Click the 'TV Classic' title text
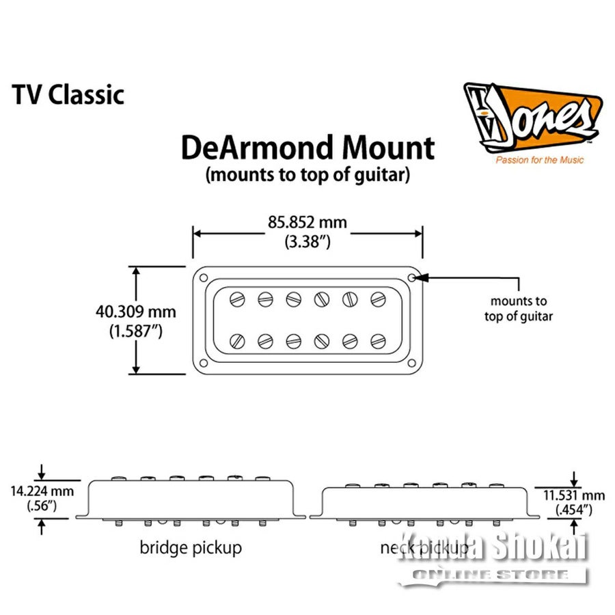(68, 94)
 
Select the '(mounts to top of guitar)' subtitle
(307, 175)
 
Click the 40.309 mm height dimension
(136, 312)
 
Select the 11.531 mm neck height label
(573, 495)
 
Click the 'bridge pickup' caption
(191, 547)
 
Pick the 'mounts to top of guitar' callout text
(519, 308)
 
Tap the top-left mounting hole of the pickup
(203, 277)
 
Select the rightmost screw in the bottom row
(378, 340)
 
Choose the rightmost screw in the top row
(378, 298)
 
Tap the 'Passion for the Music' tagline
(530, 160)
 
